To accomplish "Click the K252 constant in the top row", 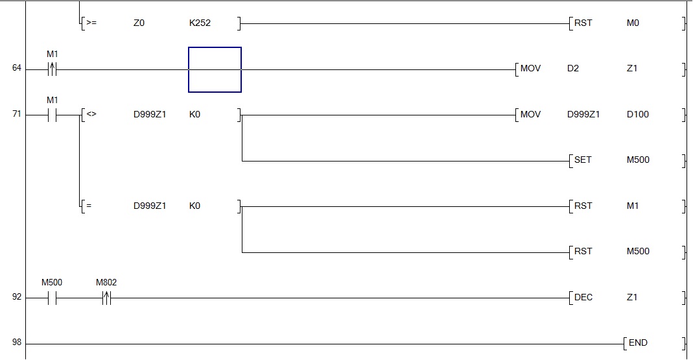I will coord(200,23).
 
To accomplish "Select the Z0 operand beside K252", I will coord(139,23).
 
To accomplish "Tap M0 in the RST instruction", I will coord(633,23).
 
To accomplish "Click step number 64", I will coord(17,68).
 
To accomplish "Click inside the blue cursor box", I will coord(215,69).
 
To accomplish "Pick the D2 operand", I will coord(572,68).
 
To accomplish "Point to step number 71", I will coord(17,114).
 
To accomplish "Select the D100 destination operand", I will coord(638,114).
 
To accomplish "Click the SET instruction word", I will coord(583,160).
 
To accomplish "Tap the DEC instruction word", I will coord(583,297).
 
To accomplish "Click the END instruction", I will coord(638,342).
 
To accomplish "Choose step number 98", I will coord(17,342).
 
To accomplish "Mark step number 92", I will coord(17,297).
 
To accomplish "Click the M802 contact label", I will coord(106,283).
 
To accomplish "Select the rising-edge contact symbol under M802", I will coord(106,298).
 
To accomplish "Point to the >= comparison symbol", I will coord(91,23).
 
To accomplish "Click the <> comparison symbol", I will coord(91,114).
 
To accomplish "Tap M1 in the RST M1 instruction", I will coord(633,206).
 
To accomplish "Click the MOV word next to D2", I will coord(530,68).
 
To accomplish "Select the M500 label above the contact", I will coord(52,283).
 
